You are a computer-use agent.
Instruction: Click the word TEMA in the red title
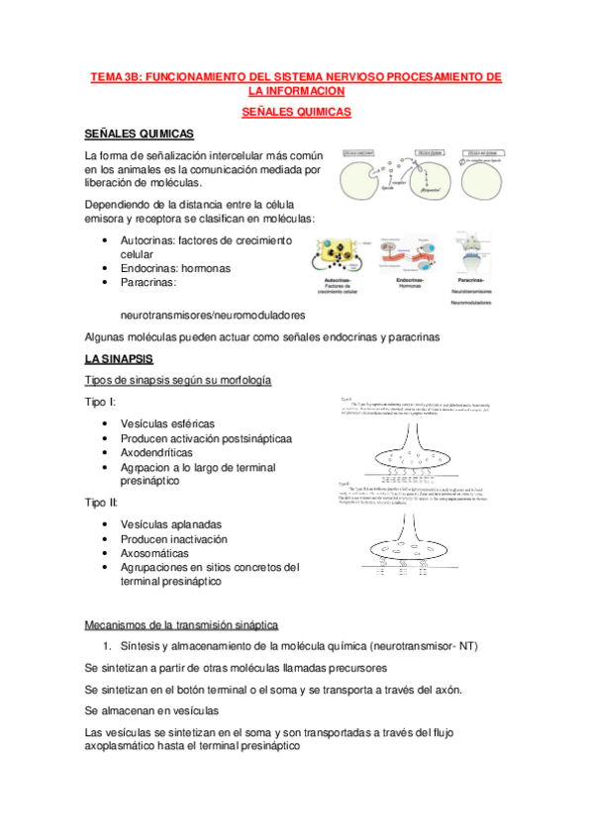pos(107,76)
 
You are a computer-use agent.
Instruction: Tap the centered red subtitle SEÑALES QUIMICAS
pos(296,113)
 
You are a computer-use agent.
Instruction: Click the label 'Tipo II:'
pos(103,503)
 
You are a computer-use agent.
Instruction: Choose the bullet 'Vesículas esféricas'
pos(166,423)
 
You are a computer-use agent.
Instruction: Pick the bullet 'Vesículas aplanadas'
pos(170,524)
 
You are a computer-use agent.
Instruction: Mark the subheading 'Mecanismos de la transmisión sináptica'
pos(182,624)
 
